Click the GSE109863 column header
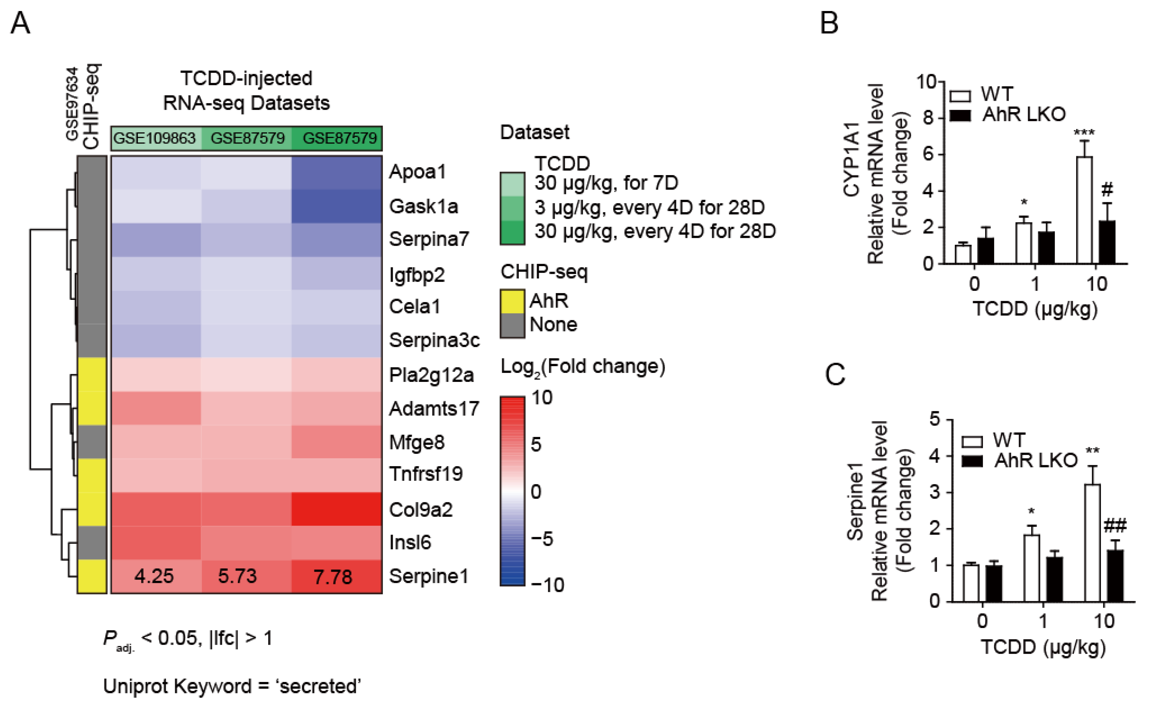click(155, 138)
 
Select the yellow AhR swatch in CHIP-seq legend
click(512, 301)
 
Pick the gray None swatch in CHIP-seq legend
click(512, 325)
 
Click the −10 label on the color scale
click(547, 585)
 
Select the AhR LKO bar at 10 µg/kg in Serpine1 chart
click(1115, 576)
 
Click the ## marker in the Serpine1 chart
click(1115, 526)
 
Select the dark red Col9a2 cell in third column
click(337, 509)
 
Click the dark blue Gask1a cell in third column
click(337, 206)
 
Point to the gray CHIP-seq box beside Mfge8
click(92, 442)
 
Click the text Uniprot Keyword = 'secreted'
click(232, 686)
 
